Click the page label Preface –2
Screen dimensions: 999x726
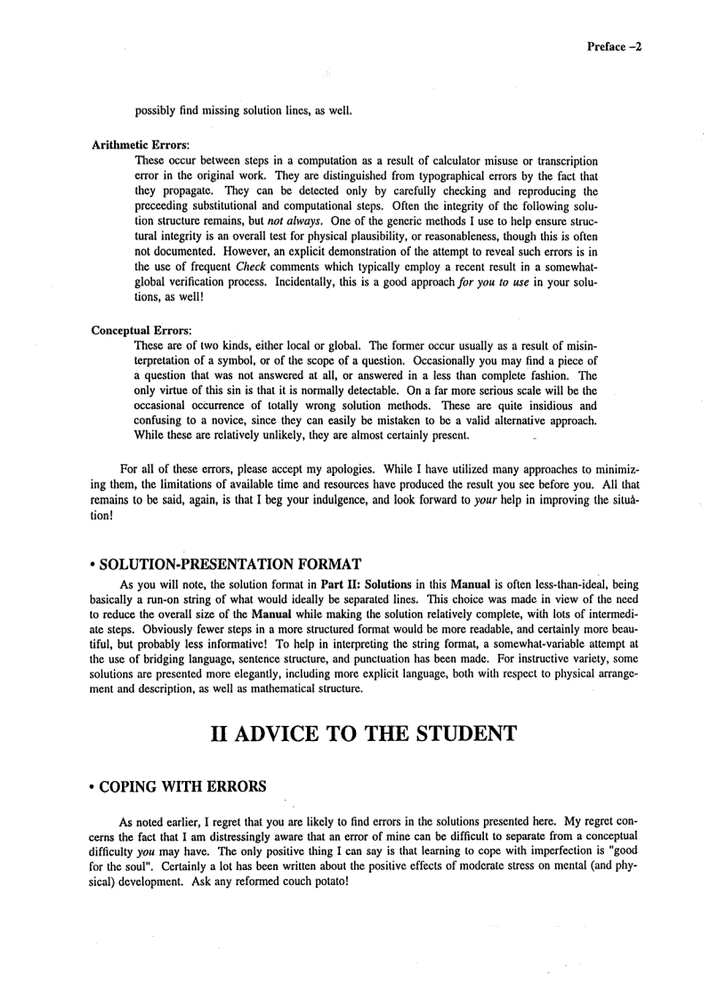click(x=614, y=47)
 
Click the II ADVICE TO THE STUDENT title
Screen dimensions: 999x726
click(x=363, y=734)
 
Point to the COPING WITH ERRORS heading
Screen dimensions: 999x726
click(x=182, y=786)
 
